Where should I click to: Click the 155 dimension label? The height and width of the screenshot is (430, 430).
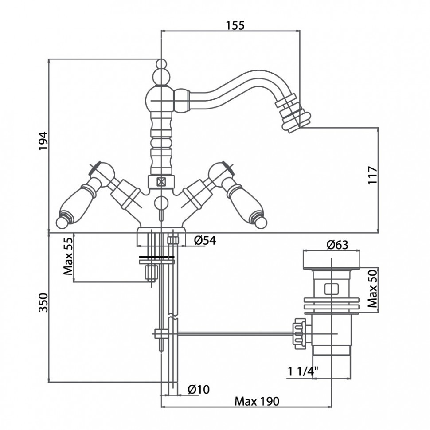pos(235,26)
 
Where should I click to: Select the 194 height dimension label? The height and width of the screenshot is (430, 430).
pos(43,141)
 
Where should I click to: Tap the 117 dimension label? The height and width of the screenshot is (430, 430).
pos(373,175)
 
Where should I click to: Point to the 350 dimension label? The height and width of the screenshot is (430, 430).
pos(43,302)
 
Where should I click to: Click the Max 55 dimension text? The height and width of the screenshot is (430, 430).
pos(68,256)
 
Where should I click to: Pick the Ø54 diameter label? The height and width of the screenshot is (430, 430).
pos(205,241)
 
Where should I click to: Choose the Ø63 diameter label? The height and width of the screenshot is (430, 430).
pos(337,245)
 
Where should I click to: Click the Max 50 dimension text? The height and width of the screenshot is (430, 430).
pos(373,288)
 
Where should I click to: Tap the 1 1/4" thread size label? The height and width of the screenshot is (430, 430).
pos(303,371)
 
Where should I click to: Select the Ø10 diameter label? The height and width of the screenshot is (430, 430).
pos(199,389)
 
